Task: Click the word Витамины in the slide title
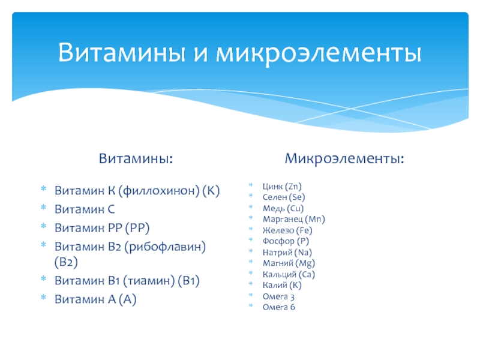[122, 52]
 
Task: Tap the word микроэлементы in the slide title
[319, 54]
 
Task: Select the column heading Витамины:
[136, 158]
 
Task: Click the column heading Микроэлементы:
[344, 158]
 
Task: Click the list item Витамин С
[85, 209]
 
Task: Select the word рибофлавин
[165, 247]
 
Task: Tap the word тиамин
[149, 281]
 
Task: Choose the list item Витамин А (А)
[95, 299]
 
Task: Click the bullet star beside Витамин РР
[43, 226]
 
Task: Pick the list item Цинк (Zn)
[282, 186]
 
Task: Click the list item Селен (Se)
[284, 197]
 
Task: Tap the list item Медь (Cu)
[283, 208]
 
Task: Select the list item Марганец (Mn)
[294, 219]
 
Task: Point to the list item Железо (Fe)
[287, 230]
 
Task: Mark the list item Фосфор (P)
[286, 241]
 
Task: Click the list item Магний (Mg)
[289, 263]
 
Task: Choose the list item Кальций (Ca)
[289, 274]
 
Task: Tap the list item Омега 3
[278, 296]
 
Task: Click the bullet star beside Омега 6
[250, 305]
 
